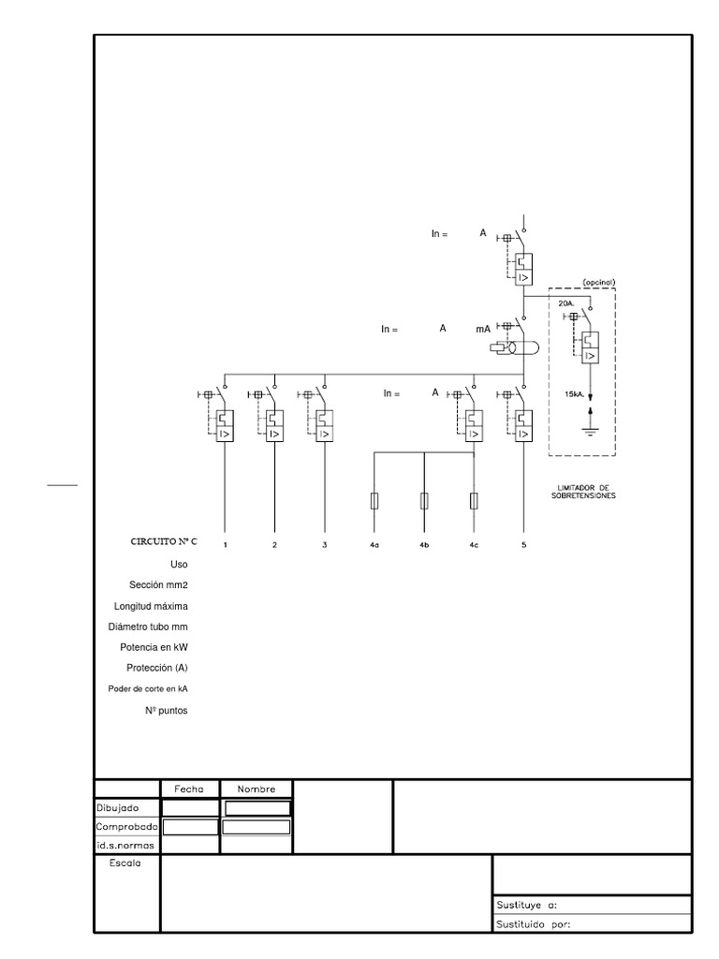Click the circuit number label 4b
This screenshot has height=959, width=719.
[424, 545]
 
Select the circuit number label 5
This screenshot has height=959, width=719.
[524, 545]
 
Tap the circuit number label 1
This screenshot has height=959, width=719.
[225, 545]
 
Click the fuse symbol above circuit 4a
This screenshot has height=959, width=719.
[374, 501]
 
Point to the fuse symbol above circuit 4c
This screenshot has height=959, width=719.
[474, 501]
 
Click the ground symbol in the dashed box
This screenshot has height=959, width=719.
[590, 432]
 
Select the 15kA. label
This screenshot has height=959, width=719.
[575, 394]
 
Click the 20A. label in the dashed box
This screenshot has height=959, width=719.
[566, 303]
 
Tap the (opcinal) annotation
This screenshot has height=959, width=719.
[599, 283]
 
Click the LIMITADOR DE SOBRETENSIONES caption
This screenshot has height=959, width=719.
[583, 493]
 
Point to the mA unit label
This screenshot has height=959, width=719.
[483, 329]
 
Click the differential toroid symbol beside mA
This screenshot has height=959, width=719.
[514, 348]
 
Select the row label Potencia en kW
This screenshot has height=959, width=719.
[154, 647]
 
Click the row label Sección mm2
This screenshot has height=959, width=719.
[158, 585]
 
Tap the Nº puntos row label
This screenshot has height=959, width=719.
[167, 711]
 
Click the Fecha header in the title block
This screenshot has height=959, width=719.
[189, 789]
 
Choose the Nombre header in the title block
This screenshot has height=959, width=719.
[257, 789]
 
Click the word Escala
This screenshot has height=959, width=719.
[125, 863]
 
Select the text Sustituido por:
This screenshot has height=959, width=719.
[533, 924]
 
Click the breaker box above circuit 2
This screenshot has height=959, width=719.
[275, 426]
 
